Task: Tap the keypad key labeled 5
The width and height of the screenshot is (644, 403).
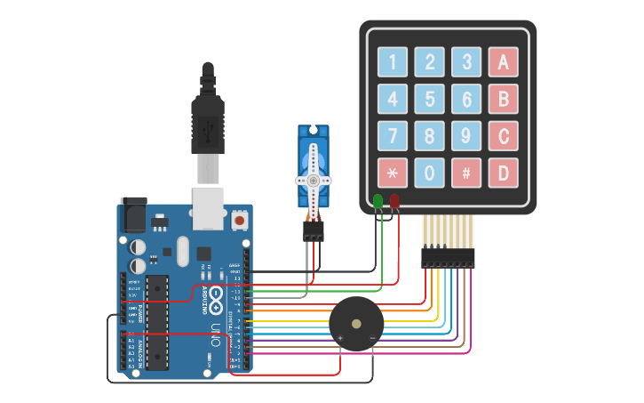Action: point(429,99)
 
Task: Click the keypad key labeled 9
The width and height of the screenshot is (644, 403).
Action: point(466,136)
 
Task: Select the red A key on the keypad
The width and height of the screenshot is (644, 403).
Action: point(503,62)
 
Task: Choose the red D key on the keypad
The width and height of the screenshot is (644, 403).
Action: point(503,173)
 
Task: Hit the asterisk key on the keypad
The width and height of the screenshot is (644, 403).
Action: point(392,173)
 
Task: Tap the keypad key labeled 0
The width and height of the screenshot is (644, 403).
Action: point(429,173)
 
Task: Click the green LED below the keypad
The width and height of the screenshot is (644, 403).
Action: point(378,202)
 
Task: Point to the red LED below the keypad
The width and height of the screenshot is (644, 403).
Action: point(394,202)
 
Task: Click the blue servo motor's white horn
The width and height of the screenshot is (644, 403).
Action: point(313,178)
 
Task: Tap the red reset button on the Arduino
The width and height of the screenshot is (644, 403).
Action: point(239,219)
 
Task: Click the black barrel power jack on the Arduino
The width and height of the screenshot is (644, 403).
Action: point(132,215)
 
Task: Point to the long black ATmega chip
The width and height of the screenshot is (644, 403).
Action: point(157,322)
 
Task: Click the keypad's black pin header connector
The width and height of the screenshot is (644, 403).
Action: point(448,258)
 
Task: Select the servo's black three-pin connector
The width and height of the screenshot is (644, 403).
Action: point(313,230)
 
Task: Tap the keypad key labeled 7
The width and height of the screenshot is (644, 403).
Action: point(392,136)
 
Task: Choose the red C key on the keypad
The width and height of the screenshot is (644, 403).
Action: point(503,136)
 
